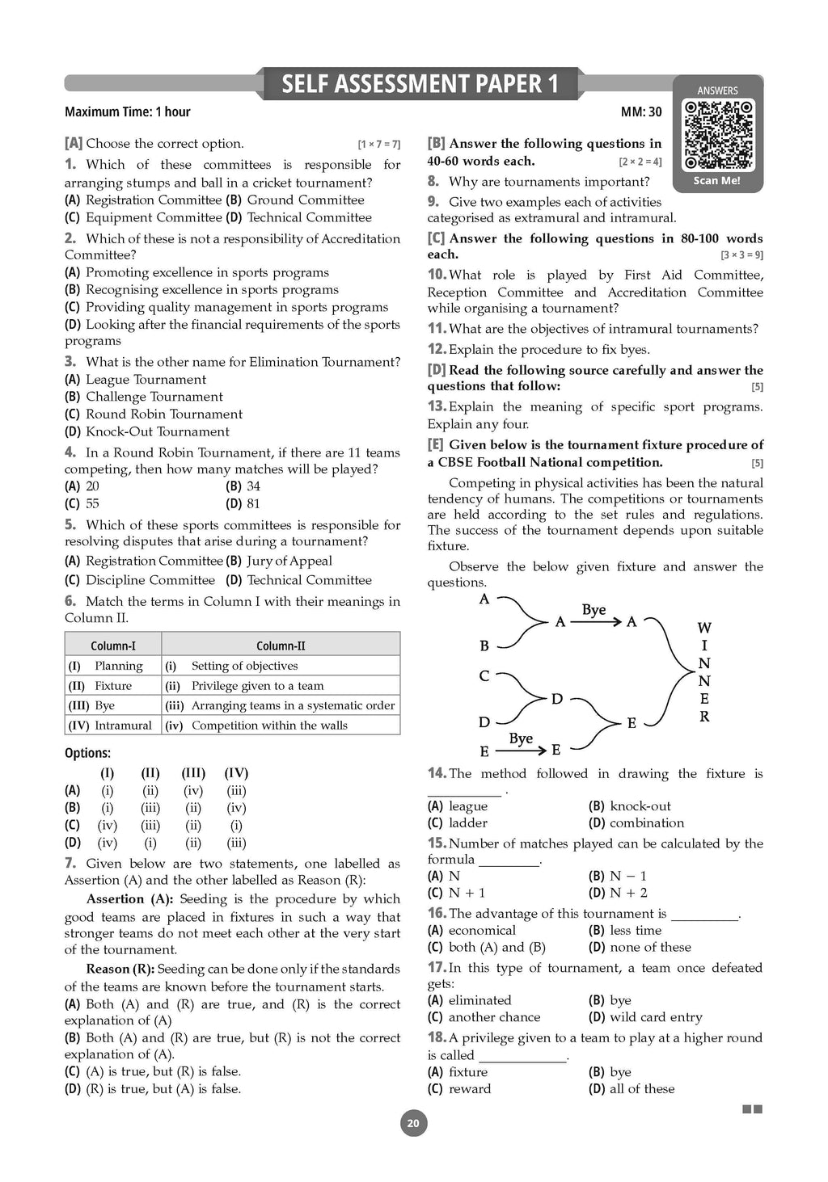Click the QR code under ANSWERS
point(718,134)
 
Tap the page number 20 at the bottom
point(413,1123)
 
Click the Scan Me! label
point(717,181)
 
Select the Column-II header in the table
point(281,646)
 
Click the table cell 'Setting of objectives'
point(244,666)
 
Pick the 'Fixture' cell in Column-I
point(112,686)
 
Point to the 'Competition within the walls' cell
point(269,726)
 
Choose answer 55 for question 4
point(92,503)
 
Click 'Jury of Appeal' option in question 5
point(289,561)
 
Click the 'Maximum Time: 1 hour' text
point(128,112)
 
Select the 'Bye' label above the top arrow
point(594,610)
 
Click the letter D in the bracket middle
point(556,699)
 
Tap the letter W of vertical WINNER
point(704,628)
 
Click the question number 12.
point(437,349)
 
